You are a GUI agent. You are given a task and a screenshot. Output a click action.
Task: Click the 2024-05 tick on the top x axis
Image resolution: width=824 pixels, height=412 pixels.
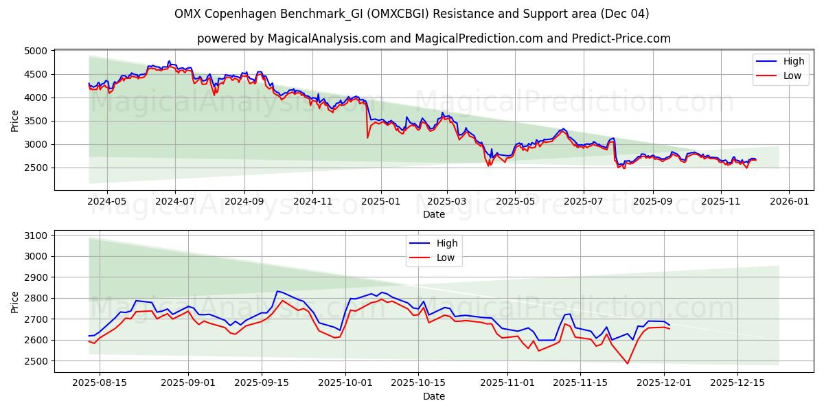click(107, 202)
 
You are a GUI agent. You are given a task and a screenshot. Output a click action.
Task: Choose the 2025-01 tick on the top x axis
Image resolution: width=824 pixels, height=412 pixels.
click(380, 202)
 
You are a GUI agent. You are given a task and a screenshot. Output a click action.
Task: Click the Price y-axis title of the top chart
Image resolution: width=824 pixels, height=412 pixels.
click(15, 120)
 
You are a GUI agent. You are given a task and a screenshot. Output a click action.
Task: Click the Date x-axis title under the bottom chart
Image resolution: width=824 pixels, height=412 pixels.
click(433, 396)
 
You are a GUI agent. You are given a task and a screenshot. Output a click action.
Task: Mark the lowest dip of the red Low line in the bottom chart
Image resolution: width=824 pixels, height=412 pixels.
click(627, 363)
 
